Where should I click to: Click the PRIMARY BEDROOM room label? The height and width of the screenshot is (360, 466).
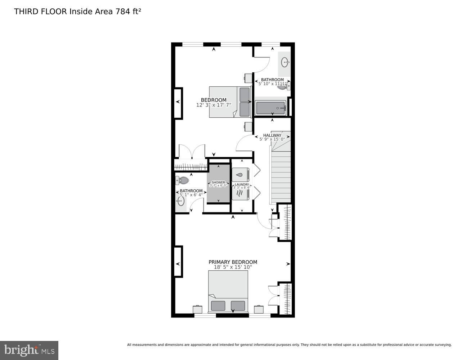(x=233, y=262)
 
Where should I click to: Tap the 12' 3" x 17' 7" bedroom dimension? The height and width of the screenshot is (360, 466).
(x=214, y=105)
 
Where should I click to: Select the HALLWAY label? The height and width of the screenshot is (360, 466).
(x=272, y=135)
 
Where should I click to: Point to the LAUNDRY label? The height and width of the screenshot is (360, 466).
(x=242, y=185)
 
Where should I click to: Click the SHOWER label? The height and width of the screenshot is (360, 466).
(x=218, y=183)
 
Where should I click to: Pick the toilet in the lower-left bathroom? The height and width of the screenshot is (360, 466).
(x=183, y=180)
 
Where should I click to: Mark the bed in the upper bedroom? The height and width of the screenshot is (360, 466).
(x=230, y=102)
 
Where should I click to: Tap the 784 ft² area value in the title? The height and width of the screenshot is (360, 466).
(x=128, y=11)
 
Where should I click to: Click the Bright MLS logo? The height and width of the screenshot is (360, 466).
(x=29, y=350)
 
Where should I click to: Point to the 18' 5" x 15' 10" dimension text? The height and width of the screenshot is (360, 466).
(x=233, y=267)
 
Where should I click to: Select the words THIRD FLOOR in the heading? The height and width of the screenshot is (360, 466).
(x=40, y=11)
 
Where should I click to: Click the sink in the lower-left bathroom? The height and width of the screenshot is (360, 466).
(x=181, y=201)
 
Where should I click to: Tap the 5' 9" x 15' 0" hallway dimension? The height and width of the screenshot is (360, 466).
(x=272, y=139)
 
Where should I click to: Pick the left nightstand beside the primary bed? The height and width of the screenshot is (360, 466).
(x=198, y=309)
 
